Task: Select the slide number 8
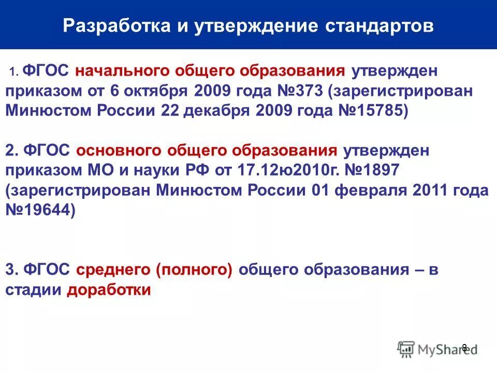(x=464, y=348)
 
